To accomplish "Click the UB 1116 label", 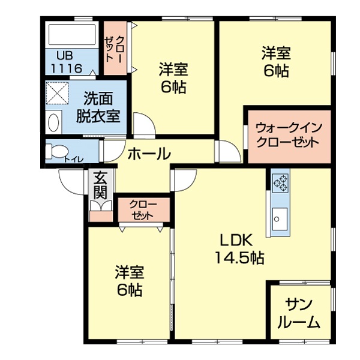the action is pos(67,62).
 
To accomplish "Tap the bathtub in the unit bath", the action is pos(72,34).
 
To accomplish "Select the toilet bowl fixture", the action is pos(56,151).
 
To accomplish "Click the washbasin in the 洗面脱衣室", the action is pos(53,122).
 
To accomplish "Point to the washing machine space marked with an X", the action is pos(58,93).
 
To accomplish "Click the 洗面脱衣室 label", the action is pos(98,107).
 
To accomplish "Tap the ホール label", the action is pos(149,154).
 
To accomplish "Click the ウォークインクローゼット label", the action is pos(289,136).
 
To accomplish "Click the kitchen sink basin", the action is pos(280,220).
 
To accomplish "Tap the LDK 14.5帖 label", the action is pos(239,249).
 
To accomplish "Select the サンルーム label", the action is pos(299,313).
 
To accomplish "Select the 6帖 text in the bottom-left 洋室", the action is pos(129,290).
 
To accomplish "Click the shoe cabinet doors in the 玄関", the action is pos(101,206).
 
